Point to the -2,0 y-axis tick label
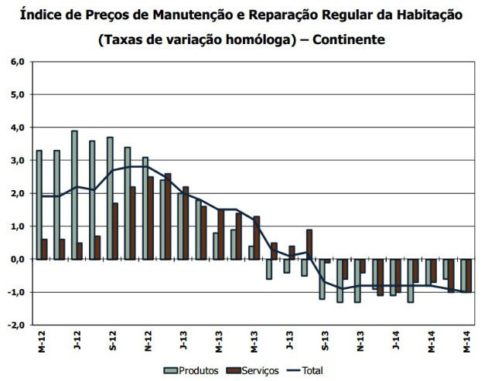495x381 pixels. click(x=15, y=325)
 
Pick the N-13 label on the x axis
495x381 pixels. click(x=360, y=340)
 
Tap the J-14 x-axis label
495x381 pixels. click(x=395, y=340)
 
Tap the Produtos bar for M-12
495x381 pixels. click(x=39, y=205)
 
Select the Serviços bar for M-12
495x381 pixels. click(x=44, y=249)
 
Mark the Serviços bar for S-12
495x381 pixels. click(x=115, y=231)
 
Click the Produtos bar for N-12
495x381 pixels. click(x=145, y=208)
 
